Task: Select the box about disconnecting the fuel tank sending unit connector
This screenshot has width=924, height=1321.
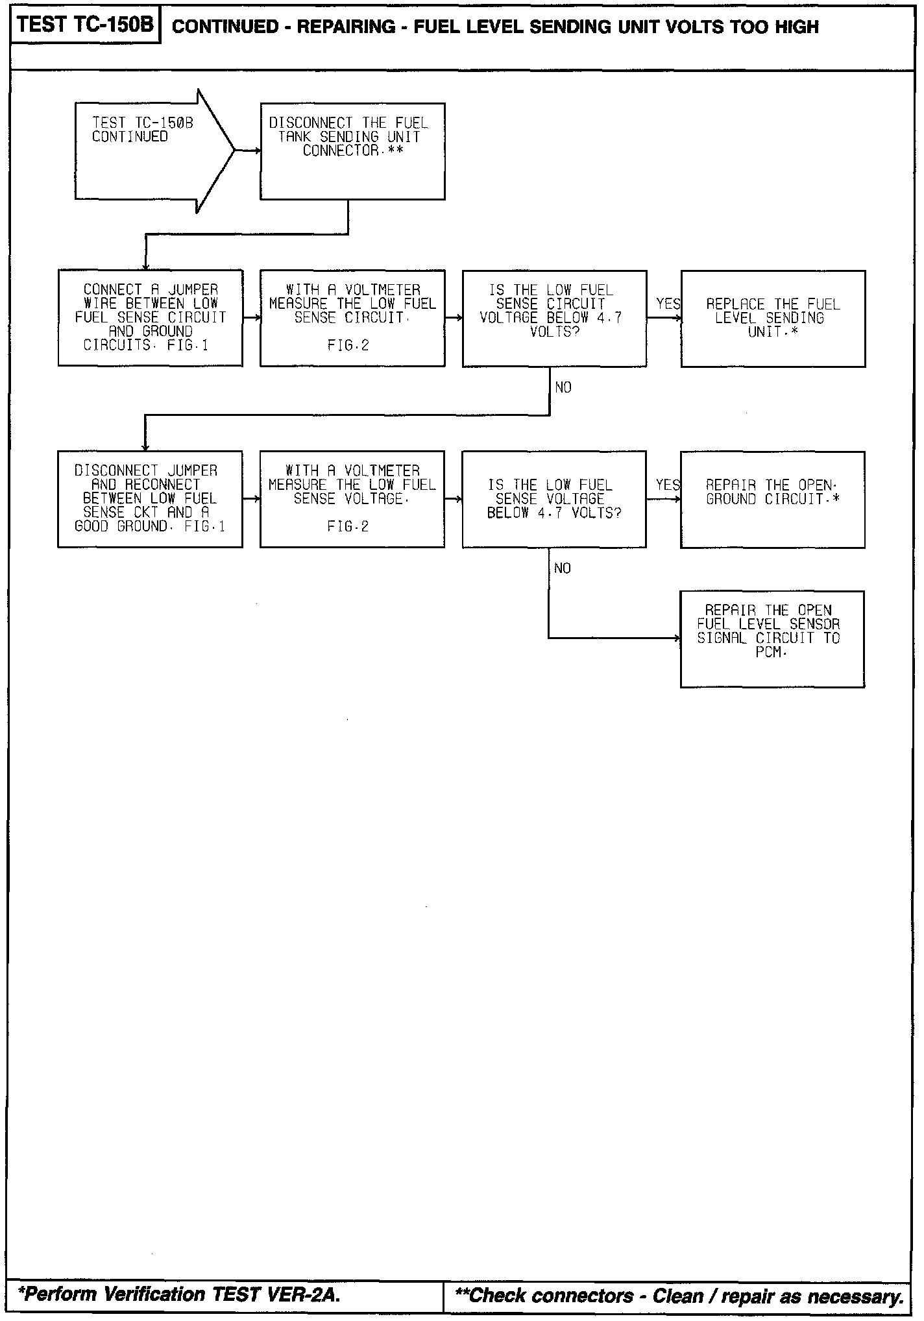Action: point(352,151)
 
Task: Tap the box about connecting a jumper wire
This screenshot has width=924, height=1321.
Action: point(151,318)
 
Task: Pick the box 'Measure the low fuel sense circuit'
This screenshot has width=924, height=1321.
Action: point(352,318)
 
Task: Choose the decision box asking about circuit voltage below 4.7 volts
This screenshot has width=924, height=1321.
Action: point(554,318)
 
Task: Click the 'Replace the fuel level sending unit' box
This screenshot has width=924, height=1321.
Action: point(773,318)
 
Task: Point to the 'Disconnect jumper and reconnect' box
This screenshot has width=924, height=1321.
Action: point(150,499)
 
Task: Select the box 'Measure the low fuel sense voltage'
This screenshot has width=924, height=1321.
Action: point(352,499)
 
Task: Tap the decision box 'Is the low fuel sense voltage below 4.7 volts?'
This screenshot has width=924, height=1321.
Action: point(554,499)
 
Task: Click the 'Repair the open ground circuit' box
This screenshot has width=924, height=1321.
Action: point(773,499)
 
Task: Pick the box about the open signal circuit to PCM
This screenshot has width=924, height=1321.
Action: point(772,638)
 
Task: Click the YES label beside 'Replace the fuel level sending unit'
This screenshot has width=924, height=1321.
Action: point(668,304)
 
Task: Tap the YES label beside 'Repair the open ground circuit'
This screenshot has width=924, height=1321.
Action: point(668,485)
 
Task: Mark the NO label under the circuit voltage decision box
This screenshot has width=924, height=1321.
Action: point(563,387)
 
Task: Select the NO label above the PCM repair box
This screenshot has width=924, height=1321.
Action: point(563,568)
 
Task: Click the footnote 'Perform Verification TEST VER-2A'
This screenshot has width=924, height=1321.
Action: point(179,1294)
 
